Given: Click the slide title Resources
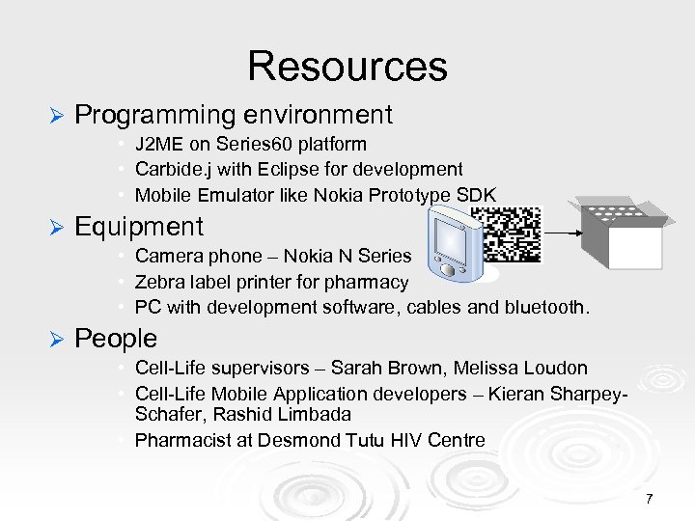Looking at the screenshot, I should [347, 66].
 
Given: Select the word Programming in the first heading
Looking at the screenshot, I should [154, 115].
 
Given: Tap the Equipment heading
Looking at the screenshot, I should [139, 227].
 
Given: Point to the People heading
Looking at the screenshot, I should [116, 339].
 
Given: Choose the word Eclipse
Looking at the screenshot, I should [277, 170].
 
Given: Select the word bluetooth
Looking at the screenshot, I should [547, 307].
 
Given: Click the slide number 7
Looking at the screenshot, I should [650, 499].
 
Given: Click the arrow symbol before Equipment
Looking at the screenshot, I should [55, 228].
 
